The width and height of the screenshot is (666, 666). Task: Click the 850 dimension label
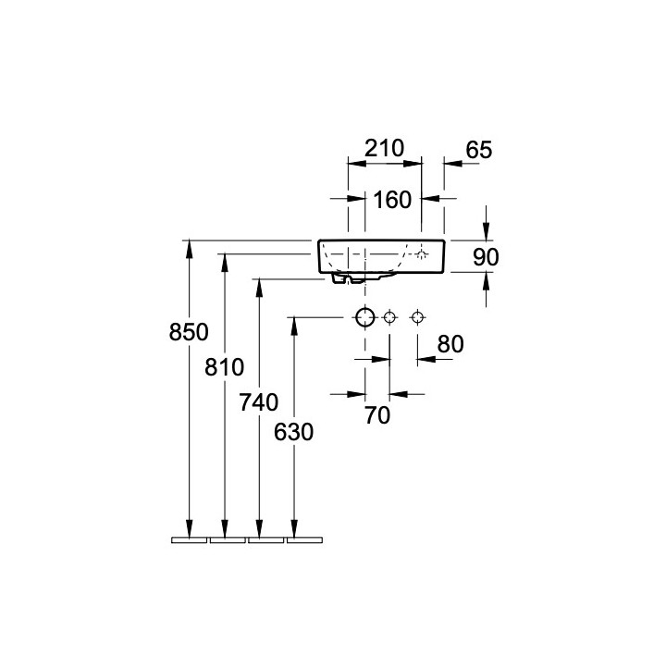click(x=189, y=332)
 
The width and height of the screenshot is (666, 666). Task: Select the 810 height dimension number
click(x=224, y=367)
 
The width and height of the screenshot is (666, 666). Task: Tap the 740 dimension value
click(x=259, y=402)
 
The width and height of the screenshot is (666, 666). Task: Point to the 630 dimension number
click(x=293, y=432)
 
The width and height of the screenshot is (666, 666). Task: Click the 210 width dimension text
click(x=385, y=148)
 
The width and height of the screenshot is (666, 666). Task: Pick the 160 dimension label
click(x=392, y=200)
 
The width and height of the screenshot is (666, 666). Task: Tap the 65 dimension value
click(x=479, y=150)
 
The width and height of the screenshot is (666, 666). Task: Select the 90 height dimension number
click(x=486, y=257)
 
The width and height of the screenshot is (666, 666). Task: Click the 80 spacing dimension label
click(x=450, y=344)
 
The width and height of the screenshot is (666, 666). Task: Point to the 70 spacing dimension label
click(x=377, y=415)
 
